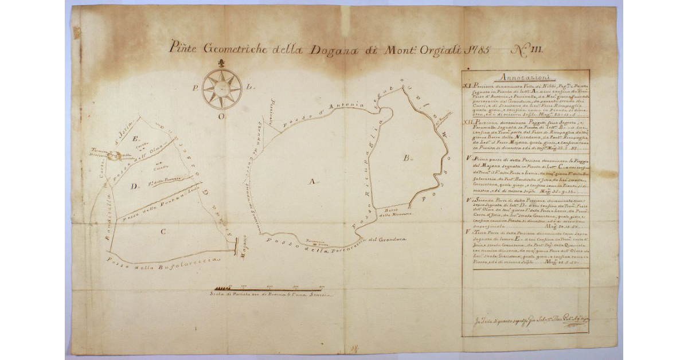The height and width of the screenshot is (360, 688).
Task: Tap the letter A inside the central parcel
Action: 312,182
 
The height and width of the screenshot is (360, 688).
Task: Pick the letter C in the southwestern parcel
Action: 163,232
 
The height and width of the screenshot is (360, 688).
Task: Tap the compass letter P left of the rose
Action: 197,88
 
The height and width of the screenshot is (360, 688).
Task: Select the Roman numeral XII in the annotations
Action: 470,123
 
